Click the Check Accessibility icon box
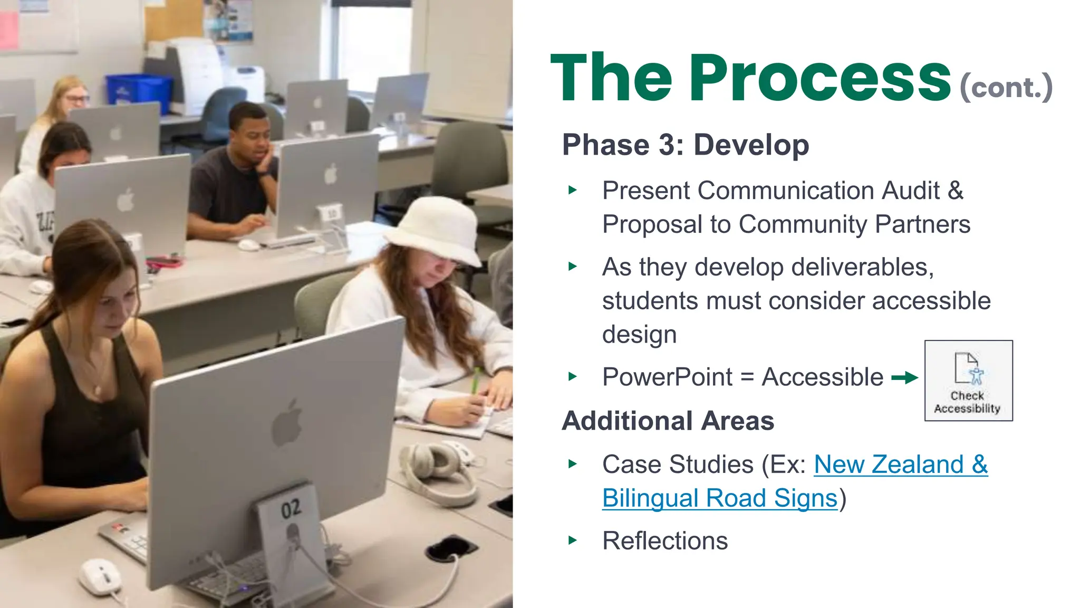coord(968,381)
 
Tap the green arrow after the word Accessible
coord(904,377)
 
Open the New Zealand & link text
coord(900,464)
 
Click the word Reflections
coord(664,541)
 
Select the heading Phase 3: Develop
coord(685,145)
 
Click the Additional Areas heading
coord(668,421)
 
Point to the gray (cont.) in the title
coord(1006,87)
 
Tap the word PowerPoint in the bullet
coord(667,377)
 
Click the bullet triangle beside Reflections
coord(573,540)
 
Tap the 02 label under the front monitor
coord(291,509)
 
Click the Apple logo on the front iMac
coord(287,423)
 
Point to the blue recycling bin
coord(138,92)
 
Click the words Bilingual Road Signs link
coord(719,498)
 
